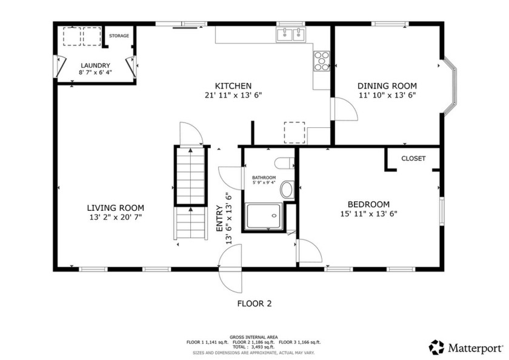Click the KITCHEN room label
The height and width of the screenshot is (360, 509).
click(233, 86)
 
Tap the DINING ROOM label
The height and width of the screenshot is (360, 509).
click(387, 86)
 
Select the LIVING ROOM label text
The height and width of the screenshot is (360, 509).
click(115, 207)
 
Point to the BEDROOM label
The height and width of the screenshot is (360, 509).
click(368, 204)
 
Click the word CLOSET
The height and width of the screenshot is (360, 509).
click(413, 159)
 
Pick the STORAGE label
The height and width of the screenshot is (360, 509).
click(119, 36)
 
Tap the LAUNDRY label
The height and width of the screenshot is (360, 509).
click(95, 65)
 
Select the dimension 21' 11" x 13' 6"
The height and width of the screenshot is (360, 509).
click(233, 95)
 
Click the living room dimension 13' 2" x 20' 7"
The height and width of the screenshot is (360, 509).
click(115, 216)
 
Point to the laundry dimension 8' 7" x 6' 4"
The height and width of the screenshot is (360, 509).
click(95, 73)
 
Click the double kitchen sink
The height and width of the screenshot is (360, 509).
click(290, 35)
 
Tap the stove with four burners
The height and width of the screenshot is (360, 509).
click(321, 60)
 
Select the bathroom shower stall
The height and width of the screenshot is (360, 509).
click(264, 216)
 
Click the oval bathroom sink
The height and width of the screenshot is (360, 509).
click(287, 191)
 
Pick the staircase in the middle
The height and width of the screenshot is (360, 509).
click(191, 193)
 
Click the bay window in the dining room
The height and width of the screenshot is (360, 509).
click(450, 86)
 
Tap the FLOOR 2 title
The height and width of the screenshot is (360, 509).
click(254, 304)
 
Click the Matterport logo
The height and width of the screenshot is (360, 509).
click(466, 347)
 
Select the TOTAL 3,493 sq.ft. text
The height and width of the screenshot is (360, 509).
click(254, 347)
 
